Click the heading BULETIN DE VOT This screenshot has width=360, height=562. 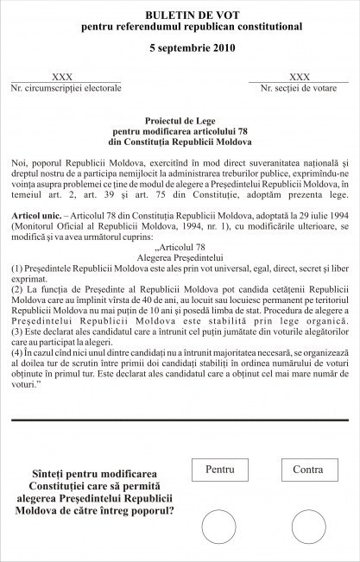(x=180, y=15)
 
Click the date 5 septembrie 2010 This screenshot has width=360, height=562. (x=180, y=47)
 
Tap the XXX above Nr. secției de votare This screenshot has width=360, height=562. (x=299, y=78)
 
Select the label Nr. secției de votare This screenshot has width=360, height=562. (x=299, y=89)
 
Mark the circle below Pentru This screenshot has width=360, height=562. (x=219, y=526)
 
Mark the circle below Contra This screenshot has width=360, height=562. (x=308, y=526)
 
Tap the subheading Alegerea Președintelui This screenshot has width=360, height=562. (x=180, y=257)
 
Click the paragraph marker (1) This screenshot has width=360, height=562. (x=17, y=269)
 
